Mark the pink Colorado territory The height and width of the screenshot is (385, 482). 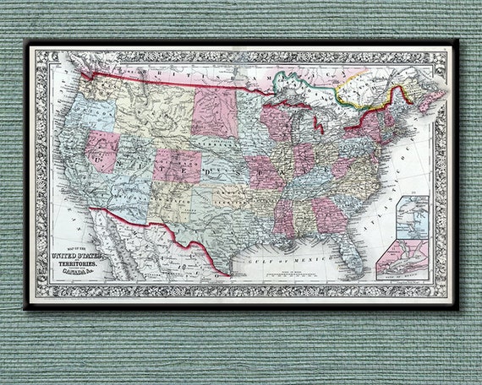(x=178, y=165)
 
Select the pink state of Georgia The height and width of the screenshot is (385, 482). (x=330, y=215)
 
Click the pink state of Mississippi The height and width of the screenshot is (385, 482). (x=283, y=216)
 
